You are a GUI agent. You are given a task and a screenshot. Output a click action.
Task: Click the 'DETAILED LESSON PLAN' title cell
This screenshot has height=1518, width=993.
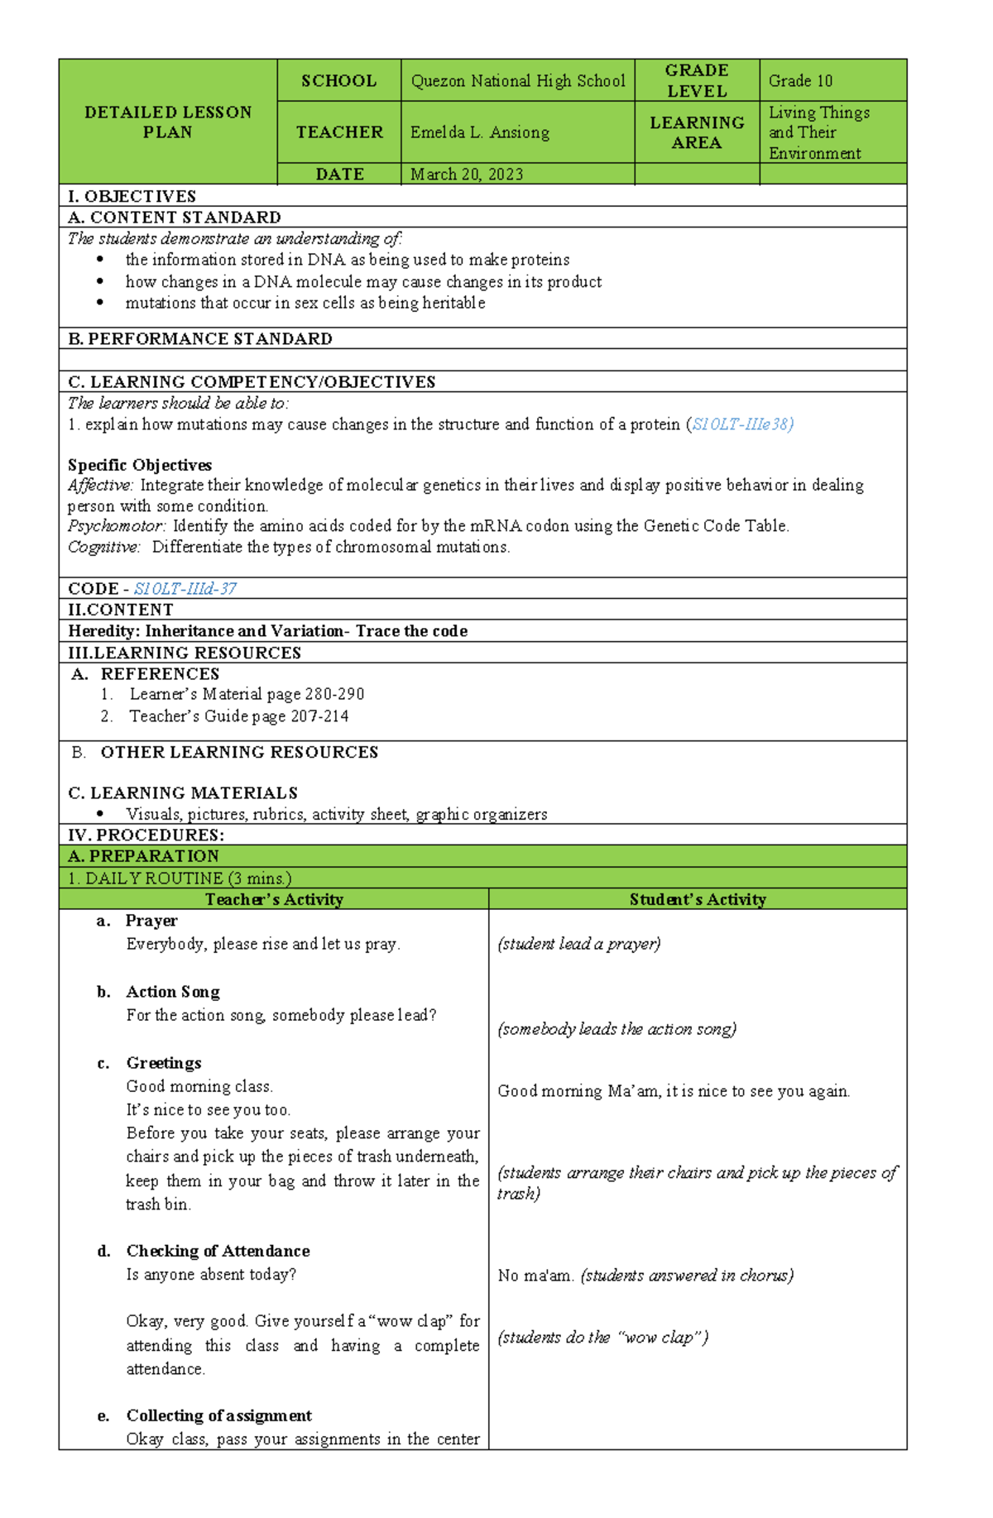[168, 122]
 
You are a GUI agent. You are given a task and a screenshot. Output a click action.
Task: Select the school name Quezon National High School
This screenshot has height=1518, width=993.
[517, 81]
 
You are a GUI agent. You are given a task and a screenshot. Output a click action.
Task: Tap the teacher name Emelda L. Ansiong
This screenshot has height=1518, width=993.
[479, 132]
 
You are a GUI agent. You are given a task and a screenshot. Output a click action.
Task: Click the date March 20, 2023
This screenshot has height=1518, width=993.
[467, 174]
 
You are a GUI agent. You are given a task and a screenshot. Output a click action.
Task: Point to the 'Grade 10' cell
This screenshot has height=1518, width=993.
[800, 81]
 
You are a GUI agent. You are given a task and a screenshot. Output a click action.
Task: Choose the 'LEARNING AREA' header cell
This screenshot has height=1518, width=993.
[697, 132]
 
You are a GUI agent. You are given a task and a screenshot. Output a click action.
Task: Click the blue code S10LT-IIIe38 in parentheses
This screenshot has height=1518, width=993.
[742, 424]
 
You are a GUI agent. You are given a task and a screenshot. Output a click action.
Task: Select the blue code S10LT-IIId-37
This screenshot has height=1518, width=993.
[185, 588]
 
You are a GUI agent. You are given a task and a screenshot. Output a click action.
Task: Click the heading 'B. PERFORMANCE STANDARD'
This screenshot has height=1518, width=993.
[200, 338]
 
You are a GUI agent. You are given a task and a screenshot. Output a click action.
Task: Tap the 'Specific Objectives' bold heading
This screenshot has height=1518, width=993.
[140, 465]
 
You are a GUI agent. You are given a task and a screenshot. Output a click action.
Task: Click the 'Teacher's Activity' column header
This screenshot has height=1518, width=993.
[274, 899]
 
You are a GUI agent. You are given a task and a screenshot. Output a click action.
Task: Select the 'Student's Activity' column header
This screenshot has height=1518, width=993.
[697, 899]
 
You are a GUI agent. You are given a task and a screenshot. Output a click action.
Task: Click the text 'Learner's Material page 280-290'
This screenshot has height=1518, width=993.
[247, 694]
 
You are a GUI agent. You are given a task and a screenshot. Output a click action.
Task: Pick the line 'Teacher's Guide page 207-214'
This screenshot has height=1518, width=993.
[238, 716]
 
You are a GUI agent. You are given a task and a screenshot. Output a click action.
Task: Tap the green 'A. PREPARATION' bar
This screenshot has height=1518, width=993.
[144, 856]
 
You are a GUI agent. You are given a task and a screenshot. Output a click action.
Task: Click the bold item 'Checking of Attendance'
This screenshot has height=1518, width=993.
[218, 1251]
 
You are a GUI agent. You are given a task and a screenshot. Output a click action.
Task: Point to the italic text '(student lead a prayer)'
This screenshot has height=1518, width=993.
[578, 944]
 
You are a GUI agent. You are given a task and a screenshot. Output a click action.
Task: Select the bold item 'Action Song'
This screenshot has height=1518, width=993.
[173, 992]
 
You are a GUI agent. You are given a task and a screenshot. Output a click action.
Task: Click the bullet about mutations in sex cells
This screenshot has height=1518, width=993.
[305, 303]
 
